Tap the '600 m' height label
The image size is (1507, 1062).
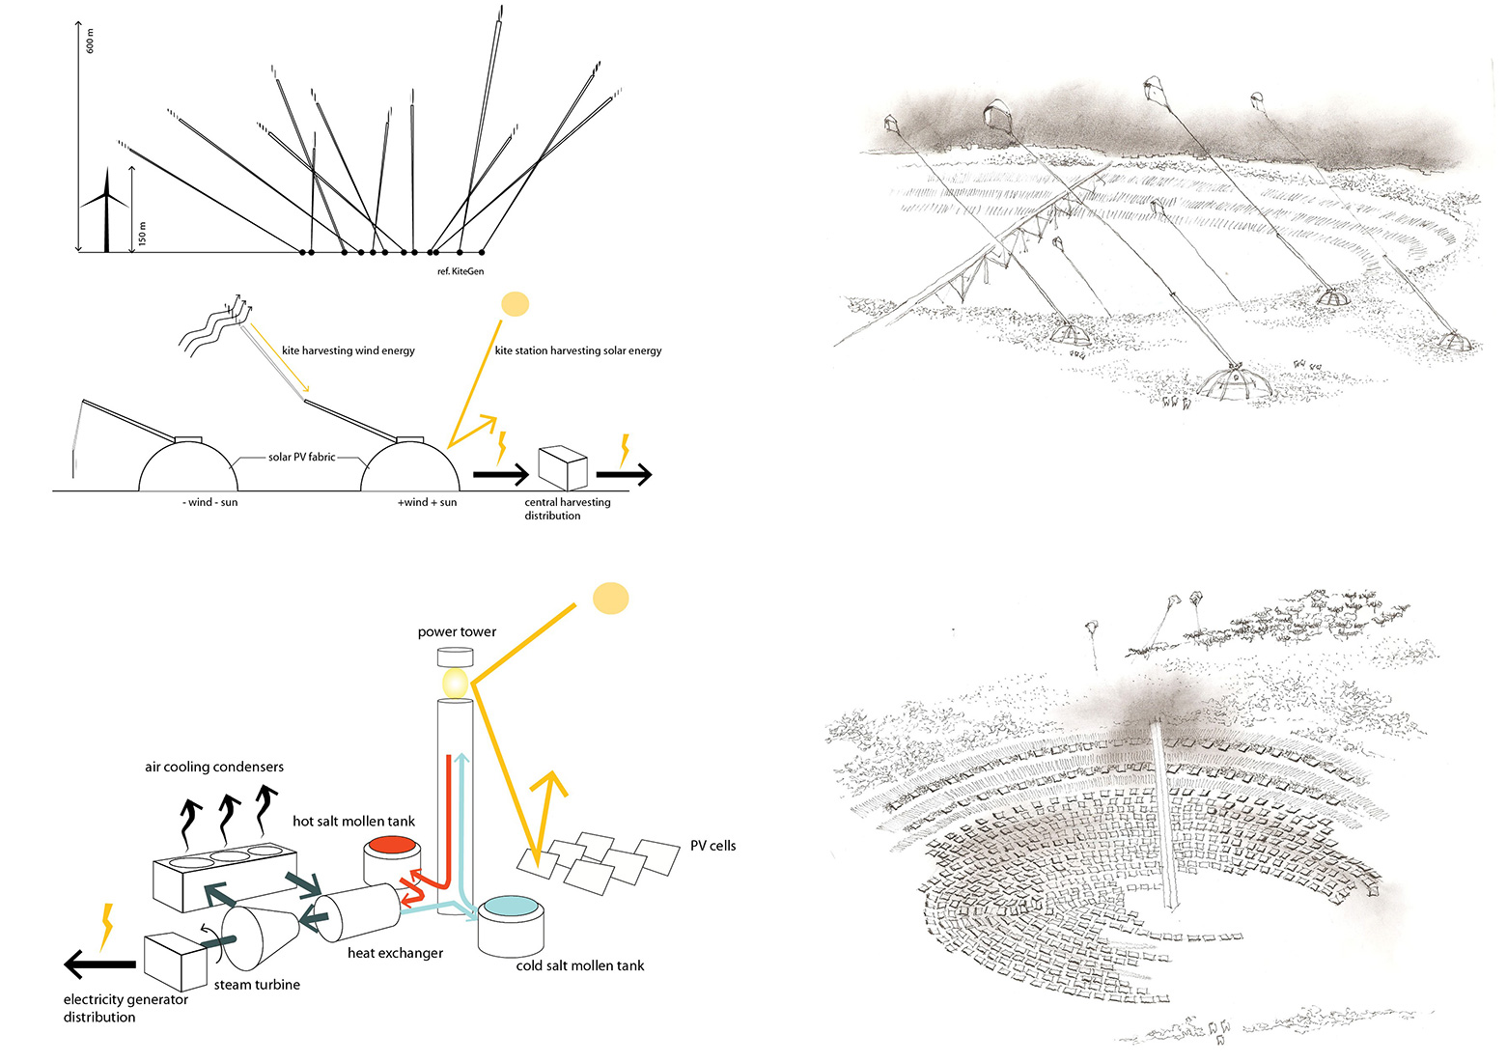click(91, 42)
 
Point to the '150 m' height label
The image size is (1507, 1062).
click(143, 233)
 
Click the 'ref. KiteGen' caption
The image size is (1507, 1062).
click(460, 271)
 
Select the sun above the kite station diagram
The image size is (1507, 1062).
click(516, 304)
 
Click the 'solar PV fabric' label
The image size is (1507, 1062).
click(301, 457)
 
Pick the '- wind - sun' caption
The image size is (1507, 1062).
click(209, 502)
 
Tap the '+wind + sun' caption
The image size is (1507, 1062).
click(427, 502)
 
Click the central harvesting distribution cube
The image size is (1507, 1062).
click(563, 467)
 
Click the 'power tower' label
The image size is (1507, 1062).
click(457, 632)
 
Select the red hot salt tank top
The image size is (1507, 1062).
click(392, 845)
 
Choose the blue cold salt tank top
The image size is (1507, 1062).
click(512, 907)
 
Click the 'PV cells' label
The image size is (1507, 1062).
click(712, 846)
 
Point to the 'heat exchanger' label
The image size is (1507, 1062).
click(395, 953)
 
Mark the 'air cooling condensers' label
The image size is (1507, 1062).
click(214, 768)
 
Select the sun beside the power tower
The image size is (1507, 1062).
click(610, 599)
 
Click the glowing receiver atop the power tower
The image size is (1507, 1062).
click(456, 685)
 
